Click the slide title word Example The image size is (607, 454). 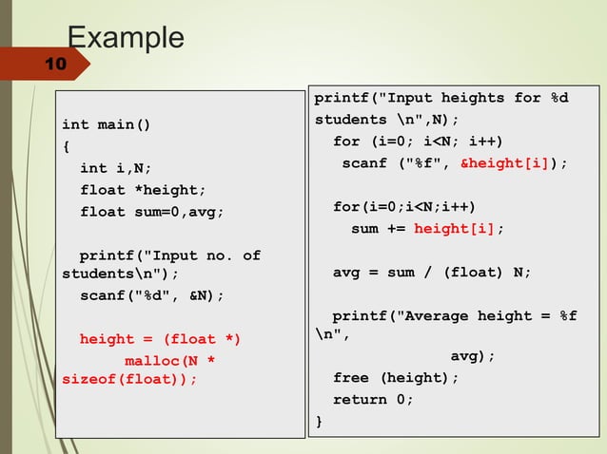click(126, 37)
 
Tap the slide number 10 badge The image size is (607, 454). click(54, 65)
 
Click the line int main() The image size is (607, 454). click(106, 124)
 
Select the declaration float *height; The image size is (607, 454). click(143, 189)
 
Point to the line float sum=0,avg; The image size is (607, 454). click(152, 211)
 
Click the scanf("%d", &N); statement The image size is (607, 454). click(152, 295)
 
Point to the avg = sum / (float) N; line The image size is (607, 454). click(431, 273)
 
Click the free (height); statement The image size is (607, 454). click(395, 378)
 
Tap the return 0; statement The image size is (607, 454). click(373, 400)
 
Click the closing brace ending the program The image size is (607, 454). click(319, 421)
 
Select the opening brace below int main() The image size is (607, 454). click(66, 146)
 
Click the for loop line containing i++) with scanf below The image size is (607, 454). click(417, 142)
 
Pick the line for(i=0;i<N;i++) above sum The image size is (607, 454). click(403, 207)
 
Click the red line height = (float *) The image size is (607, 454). click(160, 339)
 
